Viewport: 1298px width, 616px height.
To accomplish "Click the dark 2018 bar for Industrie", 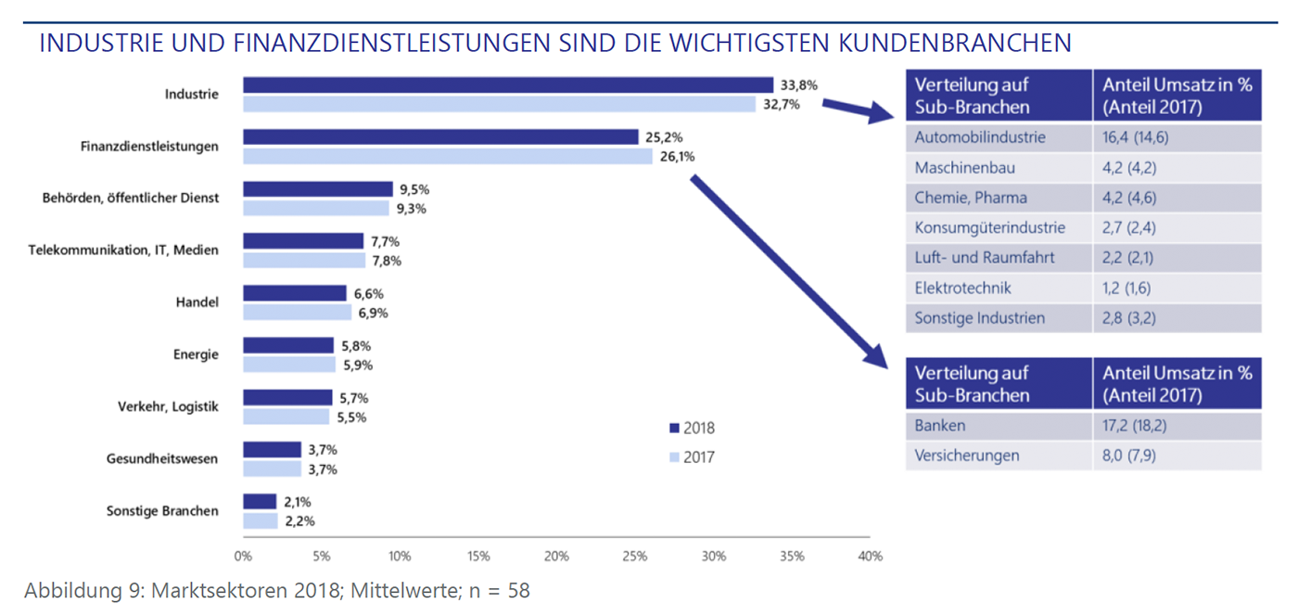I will click(x=508, y=85).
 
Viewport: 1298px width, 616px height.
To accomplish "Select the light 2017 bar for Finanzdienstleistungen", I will click(x=448, y=157).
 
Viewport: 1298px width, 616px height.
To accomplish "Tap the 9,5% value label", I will click(x=414, y=189).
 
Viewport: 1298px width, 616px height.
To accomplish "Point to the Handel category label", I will click(x=197, y=302).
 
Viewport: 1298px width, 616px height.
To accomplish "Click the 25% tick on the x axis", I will click(x=635, y=557).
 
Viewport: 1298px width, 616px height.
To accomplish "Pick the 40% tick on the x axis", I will click(x=870, y=557).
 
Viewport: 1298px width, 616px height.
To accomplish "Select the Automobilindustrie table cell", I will click(x=979, y=137).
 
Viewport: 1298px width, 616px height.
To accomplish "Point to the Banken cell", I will click(x=940, y=426).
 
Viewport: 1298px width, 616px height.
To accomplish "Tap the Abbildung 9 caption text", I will click(x=277, y=590).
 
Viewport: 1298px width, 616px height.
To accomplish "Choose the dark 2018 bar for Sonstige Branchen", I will click(x=260, y=502).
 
